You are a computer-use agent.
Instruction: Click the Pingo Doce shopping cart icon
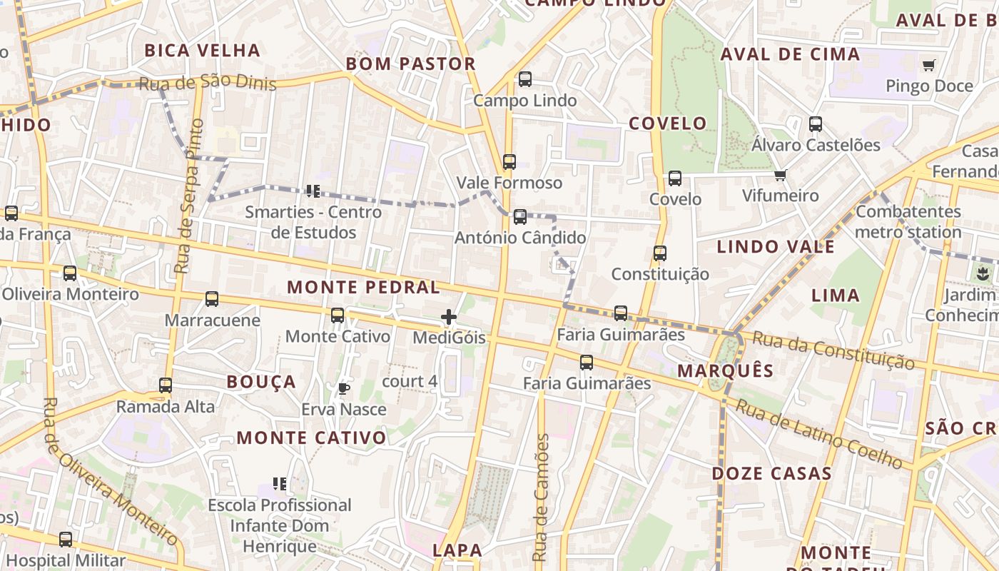tap(928, 66)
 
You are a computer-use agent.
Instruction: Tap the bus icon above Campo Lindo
tap(525, 79)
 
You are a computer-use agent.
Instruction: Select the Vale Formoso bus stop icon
tap(509, 162)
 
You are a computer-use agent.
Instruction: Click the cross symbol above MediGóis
tap(449, 316)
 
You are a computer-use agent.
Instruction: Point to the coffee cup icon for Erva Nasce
tap(343, 388)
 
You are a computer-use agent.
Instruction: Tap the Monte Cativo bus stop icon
tap(338, 315)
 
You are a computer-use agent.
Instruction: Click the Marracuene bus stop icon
tap(212, 299)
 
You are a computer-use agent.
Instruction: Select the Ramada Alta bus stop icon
tap(166, 385)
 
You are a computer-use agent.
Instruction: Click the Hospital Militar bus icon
tap(66, 540)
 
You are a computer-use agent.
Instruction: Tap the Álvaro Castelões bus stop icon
tap(816, 124)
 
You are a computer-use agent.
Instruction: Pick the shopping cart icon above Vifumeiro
tap(780, 175)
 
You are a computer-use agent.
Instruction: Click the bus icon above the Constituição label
tap(660, 253)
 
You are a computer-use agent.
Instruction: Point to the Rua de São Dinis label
tap(207, 84)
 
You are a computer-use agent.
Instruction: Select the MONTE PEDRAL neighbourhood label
tap(363, 288)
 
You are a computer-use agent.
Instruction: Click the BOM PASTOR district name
tap(410, 64)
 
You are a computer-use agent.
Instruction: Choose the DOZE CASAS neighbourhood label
tap(771, 473)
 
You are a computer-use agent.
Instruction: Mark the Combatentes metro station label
tap(908, 222)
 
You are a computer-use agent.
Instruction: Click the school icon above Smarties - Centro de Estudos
tap(313, 191)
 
